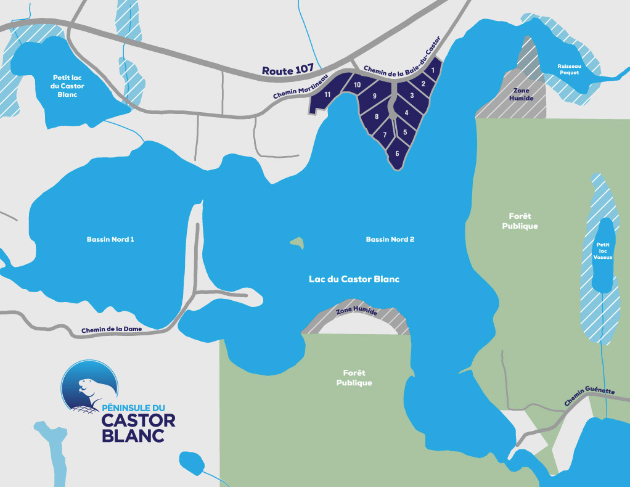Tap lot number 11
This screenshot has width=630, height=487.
pyautogui.click(x=328, y=94)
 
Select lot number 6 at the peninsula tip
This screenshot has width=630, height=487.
pyautogui.click(x=397, y=153)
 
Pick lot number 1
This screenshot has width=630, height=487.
pyautogui.click(x=433, y=71)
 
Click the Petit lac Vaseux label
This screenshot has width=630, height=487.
pyautogui.click(x=602, y=251)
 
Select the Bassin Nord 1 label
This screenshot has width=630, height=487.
pyautogui.click(x=110, y=239)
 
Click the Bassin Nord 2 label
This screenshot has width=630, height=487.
pyautogui.click(x=390, y=239)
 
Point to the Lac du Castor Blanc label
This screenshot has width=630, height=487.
pyautogui.click(x=354, y=279)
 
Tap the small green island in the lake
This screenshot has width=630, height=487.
pyautogui.click(x=297, y=242)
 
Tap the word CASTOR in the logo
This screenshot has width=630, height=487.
pyautogui.click(x=138, y=420)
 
